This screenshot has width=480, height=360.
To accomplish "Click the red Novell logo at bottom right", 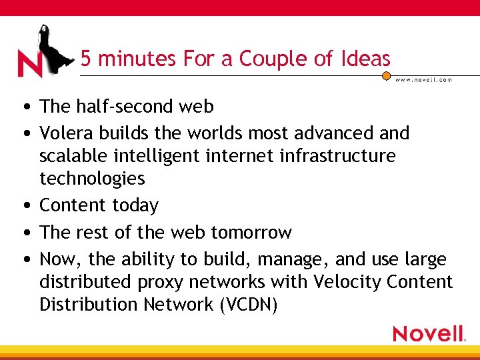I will coord(428,333).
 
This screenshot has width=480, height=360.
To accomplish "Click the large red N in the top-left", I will coord(29,63).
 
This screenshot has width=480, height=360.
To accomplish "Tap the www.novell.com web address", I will coord(423,80).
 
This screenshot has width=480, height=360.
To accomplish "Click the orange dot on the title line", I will coord(386,76).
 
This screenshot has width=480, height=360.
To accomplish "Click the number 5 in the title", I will coord(85,59).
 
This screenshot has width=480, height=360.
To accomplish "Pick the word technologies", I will coord(92,179).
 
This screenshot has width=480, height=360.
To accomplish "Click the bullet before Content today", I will coord(24,205).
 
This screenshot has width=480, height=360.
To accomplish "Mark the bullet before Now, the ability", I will coord(24,259).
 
